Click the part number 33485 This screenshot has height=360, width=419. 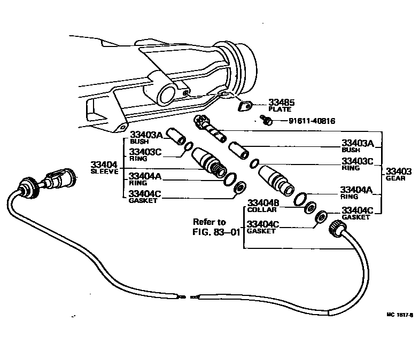click(x=282, y=101)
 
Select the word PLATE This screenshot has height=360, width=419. click(x=279, y=109)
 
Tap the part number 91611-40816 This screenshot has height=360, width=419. click(x=312, y=121)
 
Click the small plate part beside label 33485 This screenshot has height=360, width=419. click(x=245, y=106)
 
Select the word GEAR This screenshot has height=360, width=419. click(x=396, y=178)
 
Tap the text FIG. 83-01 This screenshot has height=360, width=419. click(x=215, y=232)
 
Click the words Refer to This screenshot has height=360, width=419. click(x=209, y=222)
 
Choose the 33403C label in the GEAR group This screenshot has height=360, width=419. click(x=358, y=161)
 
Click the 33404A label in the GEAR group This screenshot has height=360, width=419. click(x=358, y=190)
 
